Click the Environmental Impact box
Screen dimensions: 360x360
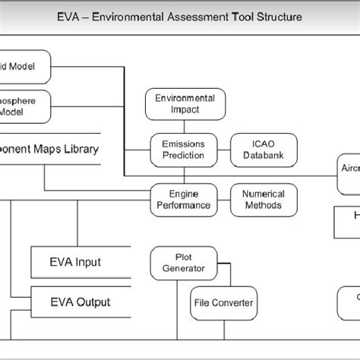pyautogui.click(x=185, y=105)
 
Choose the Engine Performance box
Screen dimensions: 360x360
pyautogui.click(x=185, y=199)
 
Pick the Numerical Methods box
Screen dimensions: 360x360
pyautogui.click(x=264, y=199)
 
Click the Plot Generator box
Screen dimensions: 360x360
pyautogui.click(x=184, y=261)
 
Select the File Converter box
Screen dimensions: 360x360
pyautogui.click(x=222, y=302)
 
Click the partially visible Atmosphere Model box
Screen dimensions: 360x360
pyautogui.click(x=24, y=107)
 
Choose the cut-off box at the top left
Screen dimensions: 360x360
pyautogui.click(x=24, y=66)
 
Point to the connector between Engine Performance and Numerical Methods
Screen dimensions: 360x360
pyautogui.click(x=224, y=199)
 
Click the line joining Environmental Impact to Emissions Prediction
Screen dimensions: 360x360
pyautogui.click(x=185, y=127)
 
